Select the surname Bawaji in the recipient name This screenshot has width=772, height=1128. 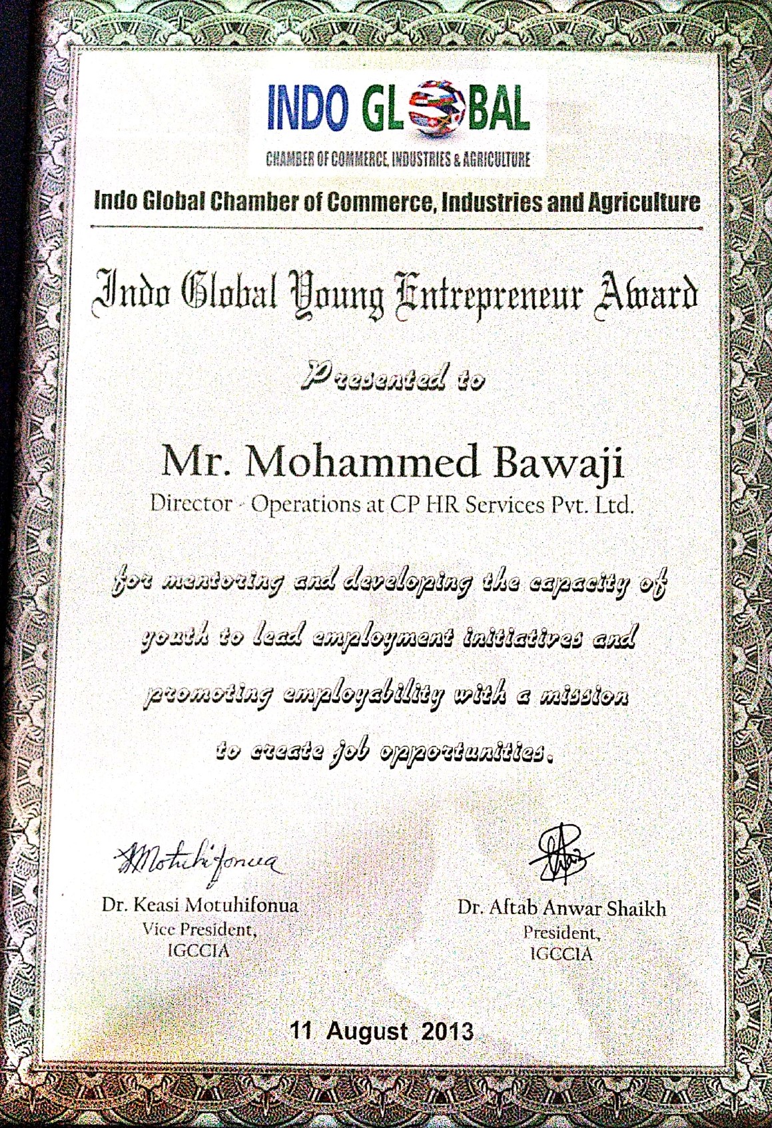click(x=561, y=462)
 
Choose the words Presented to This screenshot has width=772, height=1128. click(x=392, y=378)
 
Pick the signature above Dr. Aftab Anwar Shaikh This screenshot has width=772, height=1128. click(x=562, y=854)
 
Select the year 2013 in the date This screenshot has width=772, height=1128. click(x=448, y=1031)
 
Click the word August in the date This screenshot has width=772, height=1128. click(x=367, y=1031)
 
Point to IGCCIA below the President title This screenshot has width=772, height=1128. click(x=561, y=953)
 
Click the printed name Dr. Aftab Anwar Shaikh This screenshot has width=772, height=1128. click(x=561, y=908)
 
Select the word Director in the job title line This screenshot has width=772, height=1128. click(x=191, y=503)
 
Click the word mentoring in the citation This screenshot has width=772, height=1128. click(x=222, y=582)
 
